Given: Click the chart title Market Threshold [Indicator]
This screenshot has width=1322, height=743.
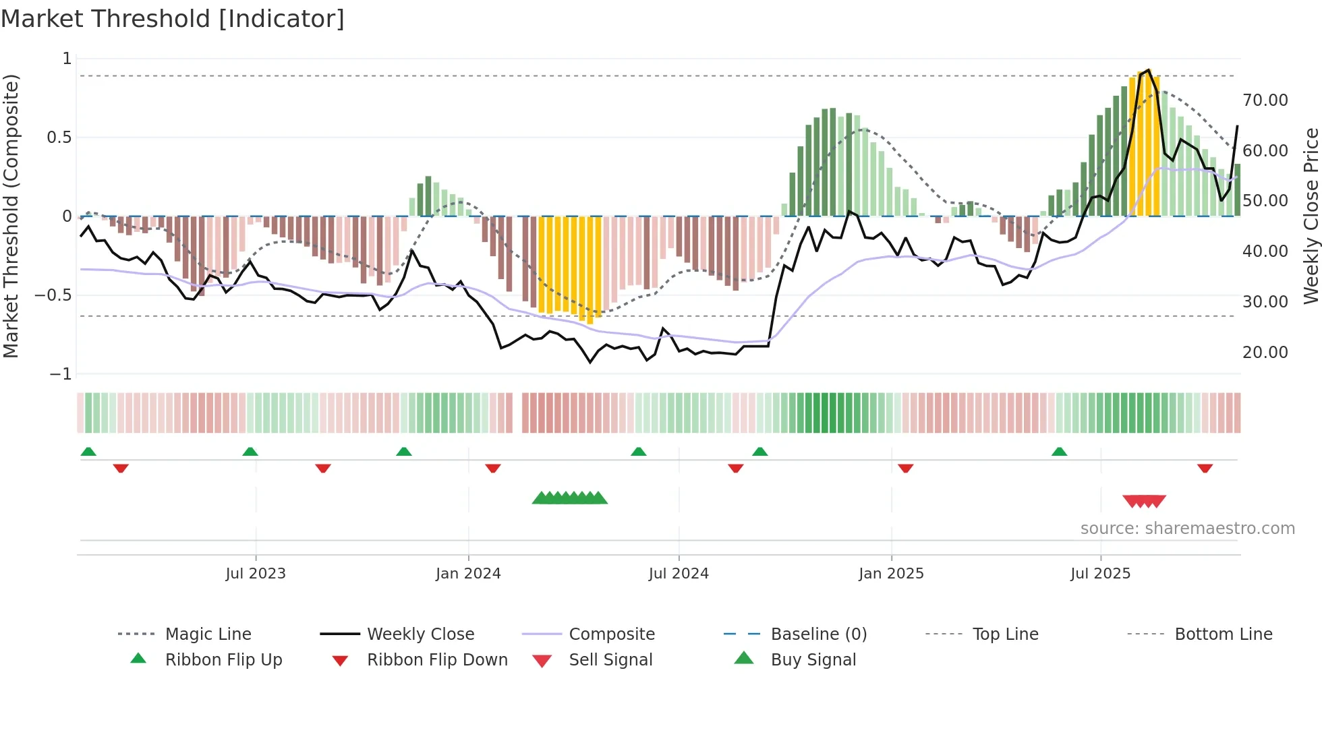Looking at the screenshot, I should click(x=173, y=19).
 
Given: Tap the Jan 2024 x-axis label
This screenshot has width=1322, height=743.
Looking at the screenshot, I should click(x=468, y=573).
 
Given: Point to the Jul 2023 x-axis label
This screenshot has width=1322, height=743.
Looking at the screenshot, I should click(x=256, y=573).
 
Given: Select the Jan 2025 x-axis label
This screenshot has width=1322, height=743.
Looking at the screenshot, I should click(x=891, y=573).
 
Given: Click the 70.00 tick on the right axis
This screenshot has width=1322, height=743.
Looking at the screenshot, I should click(x=1265, y=100).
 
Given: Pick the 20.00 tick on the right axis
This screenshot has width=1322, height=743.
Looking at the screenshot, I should click(x=1265, y=352).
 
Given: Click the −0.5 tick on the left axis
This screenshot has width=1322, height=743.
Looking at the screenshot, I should click(x=53, y=295).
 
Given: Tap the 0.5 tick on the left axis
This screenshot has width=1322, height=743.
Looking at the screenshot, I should click(x=59, y=138).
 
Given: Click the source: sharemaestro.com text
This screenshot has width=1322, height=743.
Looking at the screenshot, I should click(x=1187, y=528).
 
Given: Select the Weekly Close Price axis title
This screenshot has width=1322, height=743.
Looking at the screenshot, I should click(x=1311, y=216).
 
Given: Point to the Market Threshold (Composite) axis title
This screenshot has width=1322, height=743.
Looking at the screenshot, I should click(x=11, y=216).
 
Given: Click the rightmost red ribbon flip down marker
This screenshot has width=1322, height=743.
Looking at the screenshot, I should click(x=1205, y=468).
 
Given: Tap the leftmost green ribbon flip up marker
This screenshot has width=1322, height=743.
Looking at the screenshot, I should click(x=88, y=452).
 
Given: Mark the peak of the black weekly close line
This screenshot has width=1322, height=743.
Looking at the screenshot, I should click(x=1149, y=69).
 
